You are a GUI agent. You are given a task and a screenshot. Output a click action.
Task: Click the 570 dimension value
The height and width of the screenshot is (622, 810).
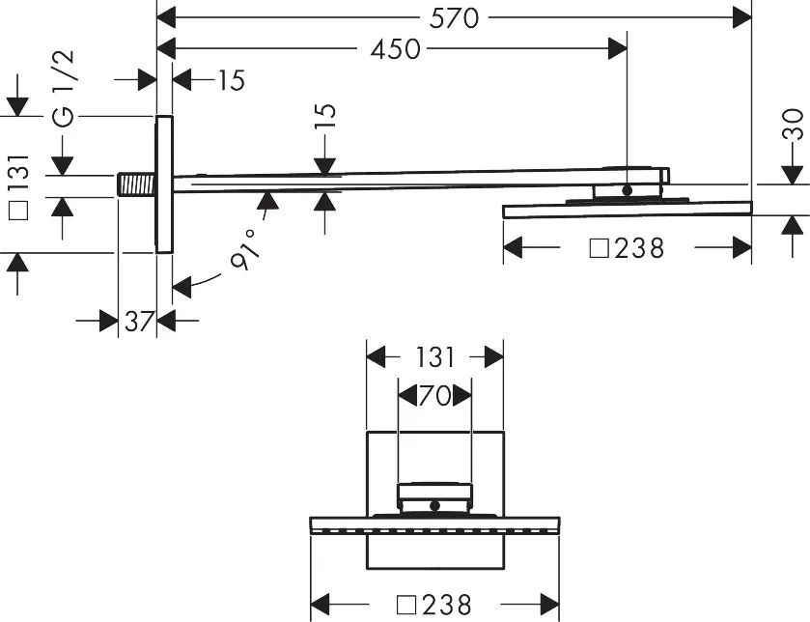click(454, 18)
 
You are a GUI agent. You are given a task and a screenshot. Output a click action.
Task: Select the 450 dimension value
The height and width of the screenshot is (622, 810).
click(395, 49)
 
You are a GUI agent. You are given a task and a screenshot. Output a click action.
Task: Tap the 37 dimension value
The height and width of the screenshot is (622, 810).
click(139, 322)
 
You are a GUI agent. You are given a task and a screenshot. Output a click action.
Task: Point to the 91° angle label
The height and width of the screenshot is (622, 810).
click(246, 249)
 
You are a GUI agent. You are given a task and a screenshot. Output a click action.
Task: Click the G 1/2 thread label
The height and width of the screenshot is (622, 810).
click(64, 88)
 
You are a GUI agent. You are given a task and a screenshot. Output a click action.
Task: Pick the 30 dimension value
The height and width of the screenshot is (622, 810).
click(793, 124)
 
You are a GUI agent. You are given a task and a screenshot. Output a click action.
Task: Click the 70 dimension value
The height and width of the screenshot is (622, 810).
click(434, 396)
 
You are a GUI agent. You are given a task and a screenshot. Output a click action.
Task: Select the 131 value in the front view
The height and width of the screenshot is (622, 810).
click(435, 357)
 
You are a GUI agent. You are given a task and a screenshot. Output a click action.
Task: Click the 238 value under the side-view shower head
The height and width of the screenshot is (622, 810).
click(639, 248)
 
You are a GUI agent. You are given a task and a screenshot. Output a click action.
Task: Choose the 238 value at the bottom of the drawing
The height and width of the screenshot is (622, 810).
click(446, 605)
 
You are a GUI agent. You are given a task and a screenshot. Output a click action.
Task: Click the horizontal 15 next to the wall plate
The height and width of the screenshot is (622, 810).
click(231, 80)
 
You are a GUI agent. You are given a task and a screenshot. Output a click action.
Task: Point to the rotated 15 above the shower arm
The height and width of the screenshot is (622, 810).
click(325, 117)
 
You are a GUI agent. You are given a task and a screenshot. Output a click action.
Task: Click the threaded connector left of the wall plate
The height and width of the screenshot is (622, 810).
click(137, 184)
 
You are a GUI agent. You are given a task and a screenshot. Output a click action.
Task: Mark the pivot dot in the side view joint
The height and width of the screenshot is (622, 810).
click(628, 190)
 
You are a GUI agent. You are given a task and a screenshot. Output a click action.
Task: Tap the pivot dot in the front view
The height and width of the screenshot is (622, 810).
click(435, 506)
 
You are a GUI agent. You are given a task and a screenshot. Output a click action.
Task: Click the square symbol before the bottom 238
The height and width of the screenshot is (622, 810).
click(406, 605)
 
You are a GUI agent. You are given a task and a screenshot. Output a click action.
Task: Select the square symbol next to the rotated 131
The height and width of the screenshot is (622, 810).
click(19, 211)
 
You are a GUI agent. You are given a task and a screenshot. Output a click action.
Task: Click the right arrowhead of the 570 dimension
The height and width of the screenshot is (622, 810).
click(742, 18)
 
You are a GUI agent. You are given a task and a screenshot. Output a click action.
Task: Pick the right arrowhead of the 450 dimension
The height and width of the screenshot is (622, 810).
click(618, 49)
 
